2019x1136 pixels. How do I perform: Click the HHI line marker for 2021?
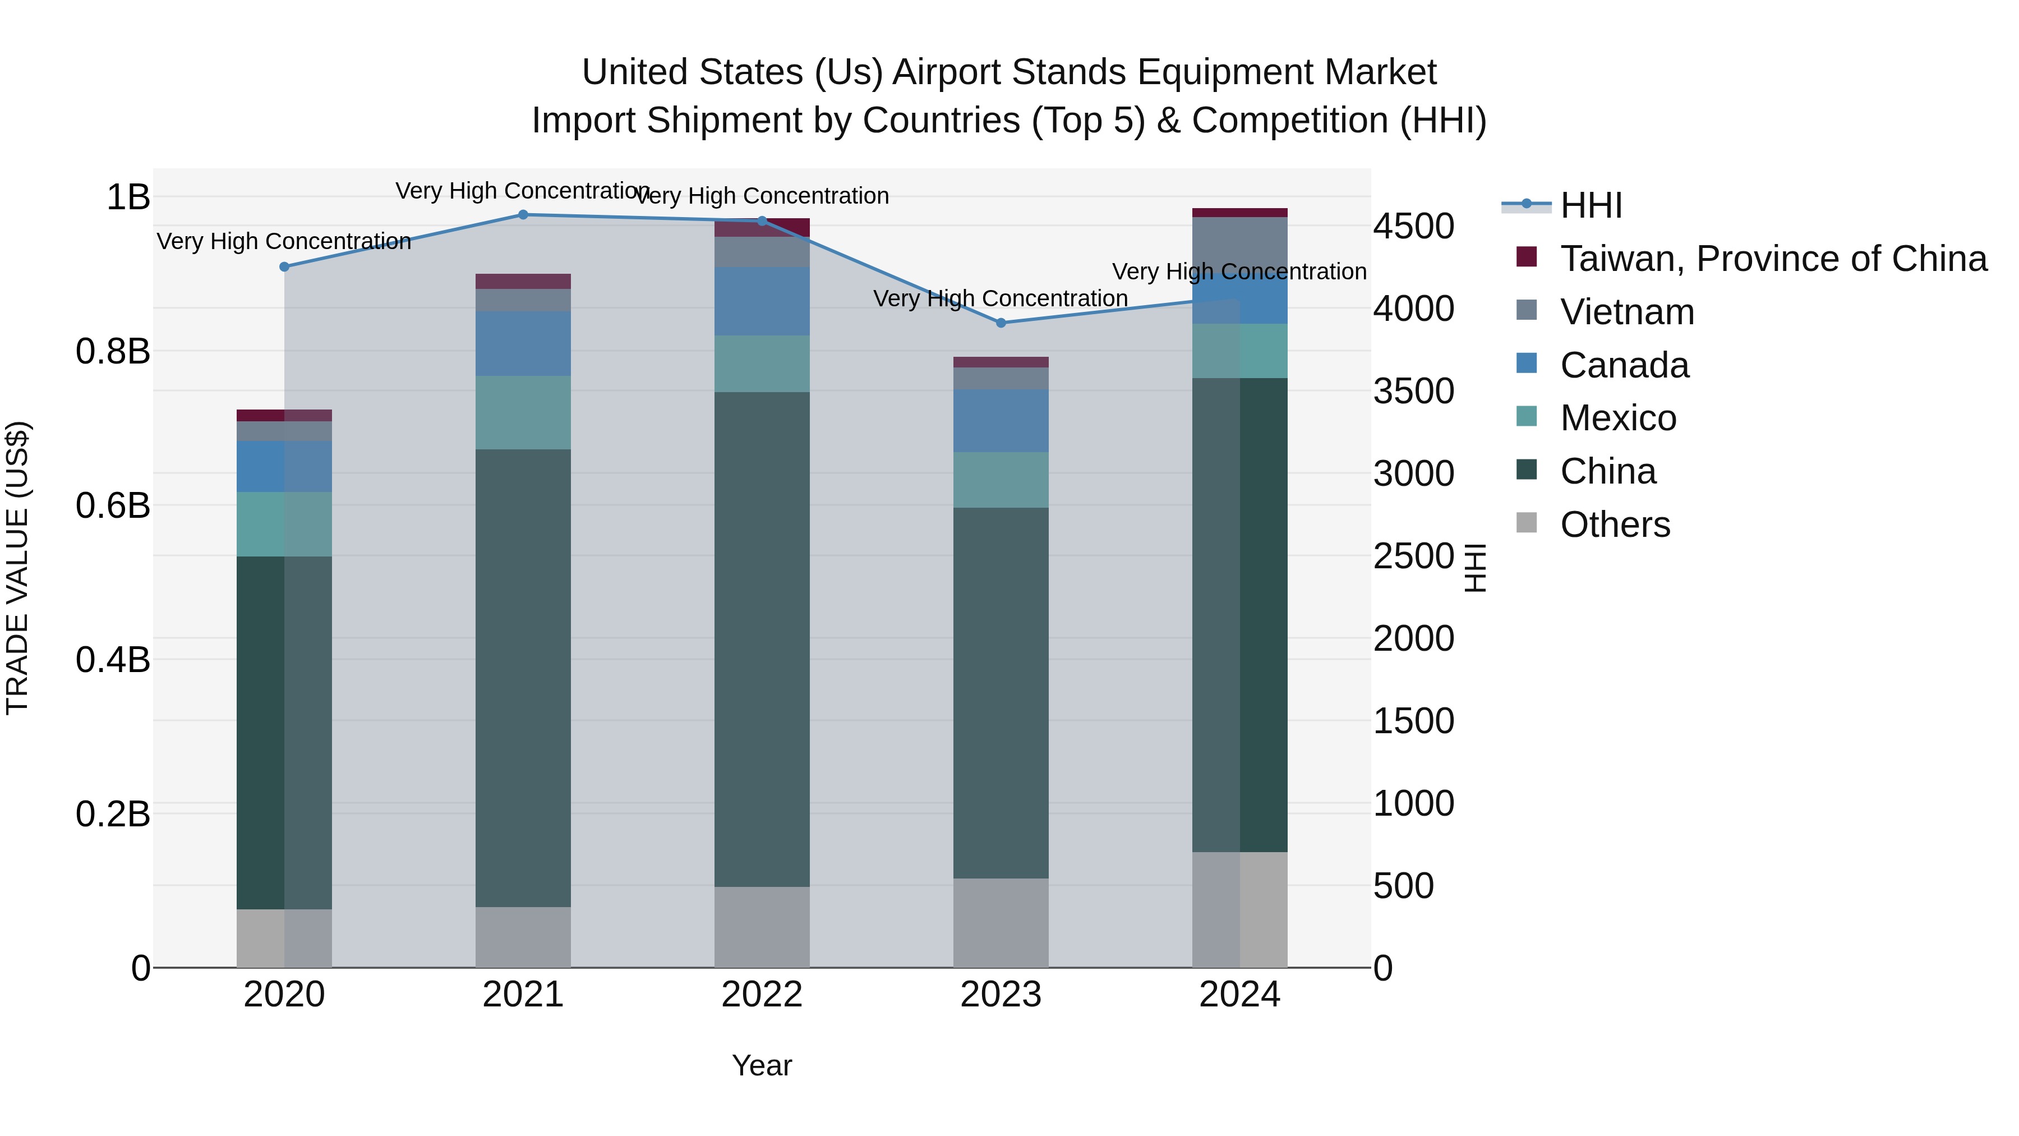click(523, 215)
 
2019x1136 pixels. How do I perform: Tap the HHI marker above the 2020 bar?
click(284, 266)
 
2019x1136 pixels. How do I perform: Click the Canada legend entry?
click(1624, 365)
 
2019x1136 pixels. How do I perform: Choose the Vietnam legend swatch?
click(1527, 310)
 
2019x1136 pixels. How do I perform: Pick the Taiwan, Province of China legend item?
click(1773, 259)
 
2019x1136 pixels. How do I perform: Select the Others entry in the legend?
click(1615, 525)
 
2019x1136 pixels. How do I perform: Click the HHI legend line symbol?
click(1526, 205)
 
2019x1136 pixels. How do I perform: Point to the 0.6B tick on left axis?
click(113, 505)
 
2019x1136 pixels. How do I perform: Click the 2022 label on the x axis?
click(762, 995)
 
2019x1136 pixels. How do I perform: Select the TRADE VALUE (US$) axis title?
click(17, 568)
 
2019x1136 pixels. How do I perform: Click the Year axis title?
click(762, 1065)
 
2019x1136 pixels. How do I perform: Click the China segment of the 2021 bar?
click(523, 678)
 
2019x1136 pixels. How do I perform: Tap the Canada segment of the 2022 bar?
click(762, 301)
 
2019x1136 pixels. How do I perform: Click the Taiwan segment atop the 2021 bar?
click(523, 282)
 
